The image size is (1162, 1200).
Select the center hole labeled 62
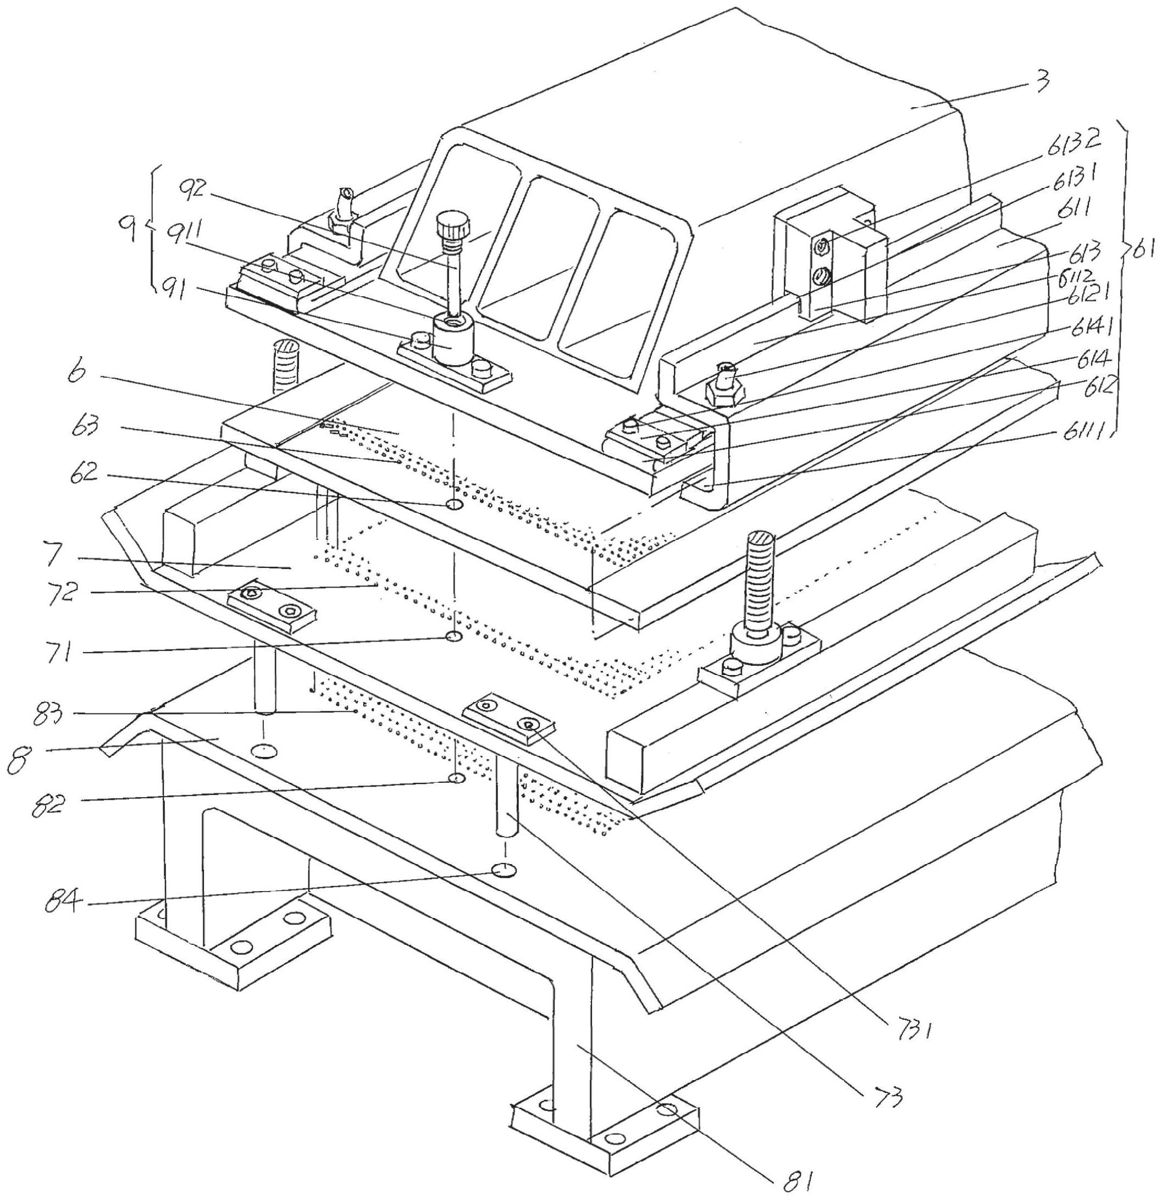(x=454, y=505)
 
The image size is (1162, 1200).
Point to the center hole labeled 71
(x=453, y=637)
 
